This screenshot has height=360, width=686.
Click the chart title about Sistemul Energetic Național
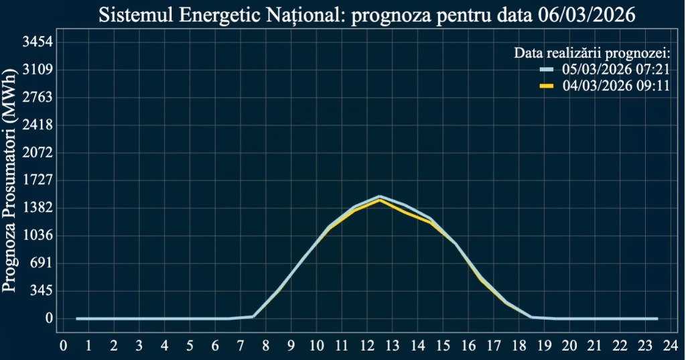(x=366, y=15)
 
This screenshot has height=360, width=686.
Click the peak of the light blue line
(x=380, y=196)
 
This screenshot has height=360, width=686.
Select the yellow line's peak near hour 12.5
(x=380, y=200)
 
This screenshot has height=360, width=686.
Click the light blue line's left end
(x=77, y=318)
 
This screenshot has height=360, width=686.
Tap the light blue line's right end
(x=657, y=318)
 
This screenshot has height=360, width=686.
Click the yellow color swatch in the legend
(x=547, y=86)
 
